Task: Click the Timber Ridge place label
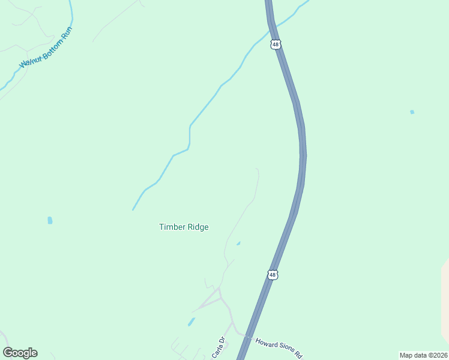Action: tap(184, 227)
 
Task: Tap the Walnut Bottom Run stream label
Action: tap(46, 47)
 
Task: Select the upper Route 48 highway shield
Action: tap(275, 44)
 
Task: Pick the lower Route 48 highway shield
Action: tap(273, 275)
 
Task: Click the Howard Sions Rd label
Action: tap(279, 348)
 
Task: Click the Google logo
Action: tap(20, 353)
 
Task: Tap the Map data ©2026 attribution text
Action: tap(423, 355)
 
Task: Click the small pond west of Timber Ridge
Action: tap(50, 221)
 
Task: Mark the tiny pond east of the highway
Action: tap(412, 112)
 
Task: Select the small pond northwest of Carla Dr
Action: tap(191, 322)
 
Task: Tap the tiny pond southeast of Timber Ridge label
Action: tap(238, 244)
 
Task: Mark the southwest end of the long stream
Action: tap(133, 209)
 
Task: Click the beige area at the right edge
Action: tap(445, 300)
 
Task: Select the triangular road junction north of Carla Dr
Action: tap(215, 296)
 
